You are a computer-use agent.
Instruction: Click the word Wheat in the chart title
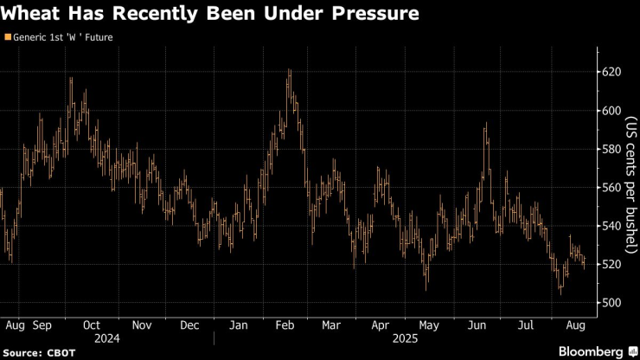pyautogui.click(x=35, y=14)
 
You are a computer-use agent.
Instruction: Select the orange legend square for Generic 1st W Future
pyautogui.click(x=8, y=37)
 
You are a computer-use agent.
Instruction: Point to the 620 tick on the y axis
pyautogui.click(x=611, y=72)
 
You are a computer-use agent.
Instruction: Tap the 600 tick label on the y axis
pyautogui.click(x=611, y=110)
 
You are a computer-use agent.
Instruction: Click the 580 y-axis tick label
pyautogui.click(x=611, y=149)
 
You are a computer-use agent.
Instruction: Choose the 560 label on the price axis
pyautogui.click(x=611, y=187)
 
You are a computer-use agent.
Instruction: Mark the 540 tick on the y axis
pyautogui.click(x=611, y=226)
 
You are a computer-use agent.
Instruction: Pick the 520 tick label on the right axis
pyautogui.click(x=611, y=264)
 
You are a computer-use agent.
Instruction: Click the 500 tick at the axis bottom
pyautogui.click(x=611, y=303)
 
